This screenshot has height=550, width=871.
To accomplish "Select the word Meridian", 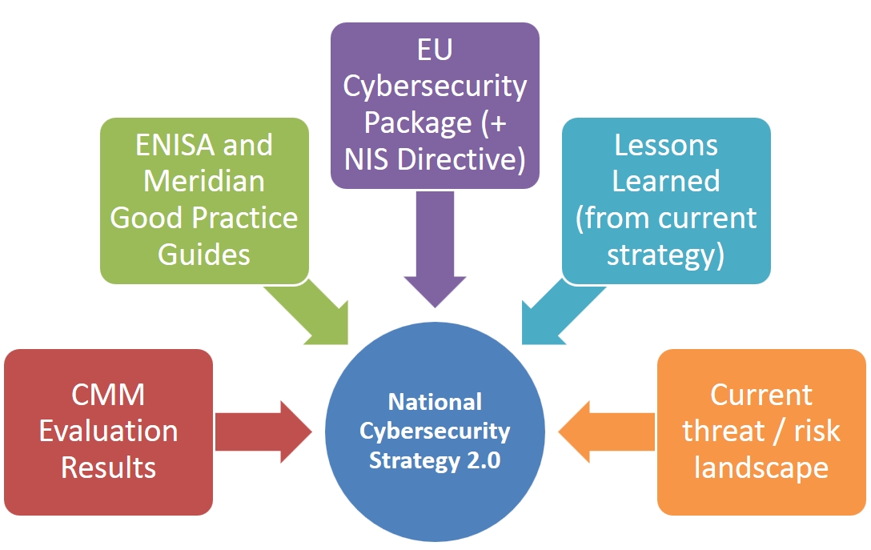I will click(204, 182).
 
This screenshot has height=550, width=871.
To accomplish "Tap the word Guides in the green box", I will click(204, 254).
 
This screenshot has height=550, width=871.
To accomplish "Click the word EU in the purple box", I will click(435, 50).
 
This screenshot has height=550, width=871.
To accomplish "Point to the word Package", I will click(406, 122).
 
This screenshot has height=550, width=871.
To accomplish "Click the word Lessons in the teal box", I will click(666, 146).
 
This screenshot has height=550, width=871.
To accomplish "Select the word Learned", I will click(666, 182).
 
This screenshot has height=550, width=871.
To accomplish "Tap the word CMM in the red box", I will click(109, 395).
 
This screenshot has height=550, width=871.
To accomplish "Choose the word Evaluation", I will click(109, 432).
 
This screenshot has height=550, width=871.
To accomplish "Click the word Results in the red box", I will click(109, 468).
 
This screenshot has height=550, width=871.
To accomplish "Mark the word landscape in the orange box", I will click(761, 468).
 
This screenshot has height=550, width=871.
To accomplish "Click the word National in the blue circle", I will click(435, 401).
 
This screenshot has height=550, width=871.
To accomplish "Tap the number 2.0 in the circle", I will click(481, 462).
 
